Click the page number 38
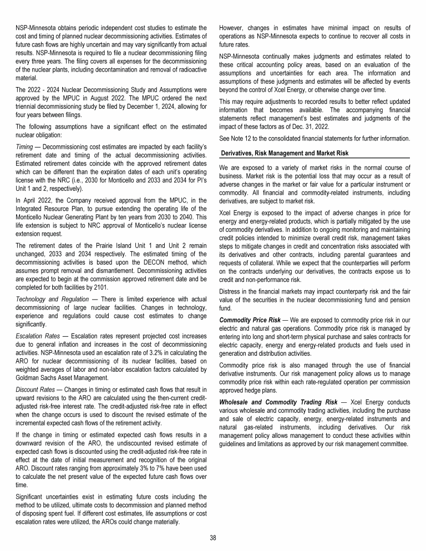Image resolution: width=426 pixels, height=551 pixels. [213, 537]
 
